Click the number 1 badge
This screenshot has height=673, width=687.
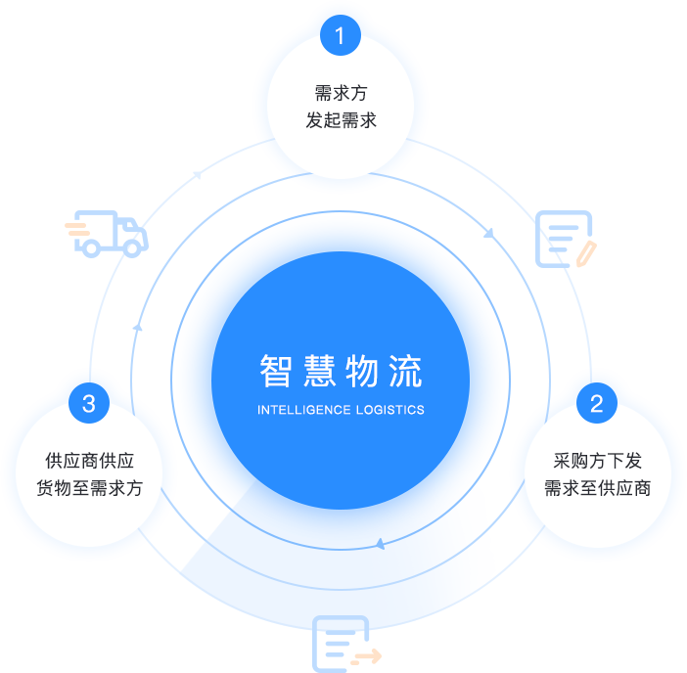[x=340, y=37]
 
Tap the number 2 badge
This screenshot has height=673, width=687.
[x=597, y=403]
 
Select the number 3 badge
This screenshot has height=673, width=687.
[x=89, y=403]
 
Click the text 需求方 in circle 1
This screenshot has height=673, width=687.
[x=341, y=94]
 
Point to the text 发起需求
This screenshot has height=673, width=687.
[x=341, y=121]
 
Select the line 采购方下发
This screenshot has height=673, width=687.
[x=597, y=461]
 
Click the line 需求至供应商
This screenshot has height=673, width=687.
[x=597, y=488]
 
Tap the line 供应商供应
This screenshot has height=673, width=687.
[x=89, y=461]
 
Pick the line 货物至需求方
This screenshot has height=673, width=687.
[x=89, y=488]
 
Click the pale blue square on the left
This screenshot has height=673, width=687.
[x=112, y=234]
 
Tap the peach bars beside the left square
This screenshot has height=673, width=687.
[x=77, y=229]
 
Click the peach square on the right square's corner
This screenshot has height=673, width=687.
[x=586, y=253]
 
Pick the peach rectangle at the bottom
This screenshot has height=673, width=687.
[x=366, y=657]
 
